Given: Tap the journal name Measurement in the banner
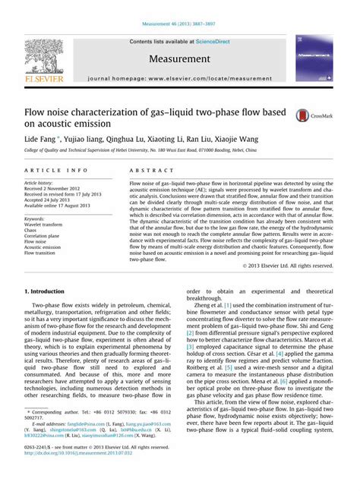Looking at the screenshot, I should pos(181,58).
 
